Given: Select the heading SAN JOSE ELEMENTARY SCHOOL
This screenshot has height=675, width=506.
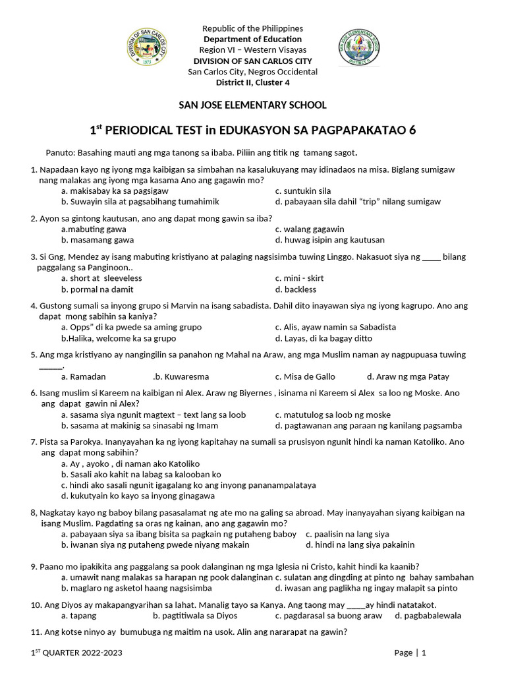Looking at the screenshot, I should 253,105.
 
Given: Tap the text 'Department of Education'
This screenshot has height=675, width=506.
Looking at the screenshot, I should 253,40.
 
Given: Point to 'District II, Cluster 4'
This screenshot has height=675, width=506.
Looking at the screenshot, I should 253,82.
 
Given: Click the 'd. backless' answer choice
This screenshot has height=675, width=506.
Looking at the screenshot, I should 296,289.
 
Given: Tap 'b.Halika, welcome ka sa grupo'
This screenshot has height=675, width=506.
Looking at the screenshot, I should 119,338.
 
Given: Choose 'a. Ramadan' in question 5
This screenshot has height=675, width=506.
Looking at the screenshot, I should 83,376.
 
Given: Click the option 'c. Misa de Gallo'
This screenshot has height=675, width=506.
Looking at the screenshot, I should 305,376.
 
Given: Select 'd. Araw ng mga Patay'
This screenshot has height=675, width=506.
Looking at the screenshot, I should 408,376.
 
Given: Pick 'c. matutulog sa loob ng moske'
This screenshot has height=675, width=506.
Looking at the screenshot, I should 333,415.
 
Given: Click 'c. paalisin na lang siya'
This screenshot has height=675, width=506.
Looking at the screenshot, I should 347,533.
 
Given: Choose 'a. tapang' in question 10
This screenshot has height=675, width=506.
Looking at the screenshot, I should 78,616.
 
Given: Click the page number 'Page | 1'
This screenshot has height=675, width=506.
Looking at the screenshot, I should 410,653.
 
